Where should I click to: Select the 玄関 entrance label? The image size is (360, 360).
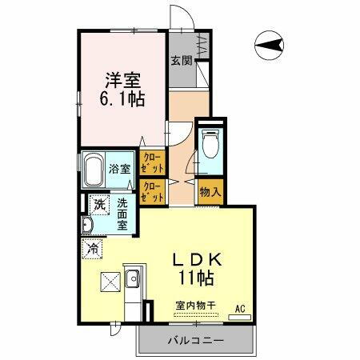point(182,60)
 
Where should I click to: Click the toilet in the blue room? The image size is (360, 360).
point(210,146)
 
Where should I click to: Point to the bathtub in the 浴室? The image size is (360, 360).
point(94,170)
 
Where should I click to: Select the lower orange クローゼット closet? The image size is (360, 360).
point(151,192)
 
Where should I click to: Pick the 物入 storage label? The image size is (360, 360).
point(211,193)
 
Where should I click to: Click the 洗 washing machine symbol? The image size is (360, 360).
point(98,205)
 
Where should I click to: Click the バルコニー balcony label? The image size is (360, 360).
point(195,341)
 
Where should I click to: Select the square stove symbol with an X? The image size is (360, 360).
point(109,282)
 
